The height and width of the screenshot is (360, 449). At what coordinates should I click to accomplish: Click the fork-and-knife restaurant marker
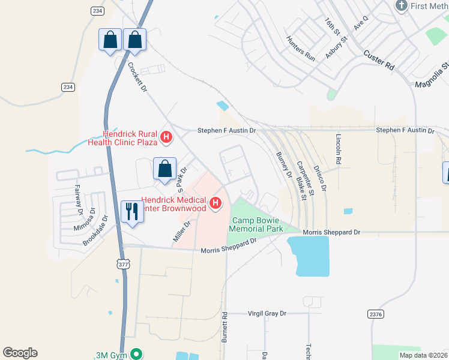click(132, 211)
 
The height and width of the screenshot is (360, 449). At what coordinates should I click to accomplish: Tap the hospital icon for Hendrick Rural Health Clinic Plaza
click(167, 138)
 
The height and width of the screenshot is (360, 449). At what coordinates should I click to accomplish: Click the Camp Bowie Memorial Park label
click(258, 225)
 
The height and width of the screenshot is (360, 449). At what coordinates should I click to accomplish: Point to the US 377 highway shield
click(124, 264)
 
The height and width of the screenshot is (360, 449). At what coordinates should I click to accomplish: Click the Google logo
click(20, 353)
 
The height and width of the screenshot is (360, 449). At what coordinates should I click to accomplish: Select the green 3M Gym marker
click(137, 355)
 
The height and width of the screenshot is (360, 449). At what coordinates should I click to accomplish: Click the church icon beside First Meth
click(402, 6)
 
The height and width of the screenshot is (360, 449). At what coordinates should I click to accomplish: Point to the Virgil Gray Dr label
click(268, 313)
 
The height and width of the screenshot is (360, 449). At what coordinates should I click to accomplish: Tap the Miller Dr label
click(181, 231)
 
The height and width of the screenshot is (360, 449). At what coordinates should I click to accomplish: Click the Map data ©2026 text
click(423, 355)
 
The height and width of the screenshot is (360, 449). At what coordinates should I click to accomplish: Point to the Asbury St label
click(337, 47)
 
